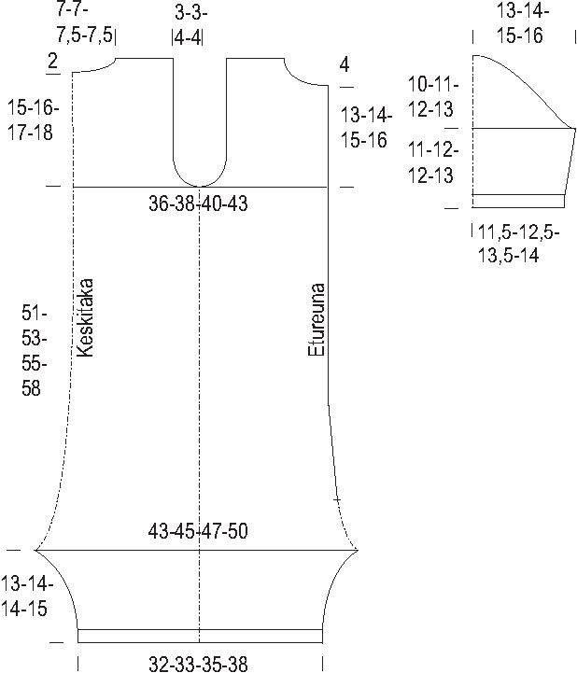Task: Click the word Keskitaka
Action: (x=85, y=318)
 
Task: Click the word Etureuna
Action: (x=317, y=319)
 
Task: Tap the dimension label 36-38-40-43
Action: (x=198, y=203)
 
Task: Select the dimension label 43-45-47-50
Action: (x=198, y=531)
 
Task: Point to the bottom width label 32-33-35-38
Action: (x=198, y=664)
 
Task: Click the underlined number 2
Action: (x=52, y=62)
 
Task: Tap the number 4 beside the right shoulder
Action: (x=345, y=65)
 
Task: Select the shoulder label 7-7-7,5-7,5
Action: (x=86, y=22)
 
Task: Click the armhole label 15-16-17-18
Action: (x=33, y=120)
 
